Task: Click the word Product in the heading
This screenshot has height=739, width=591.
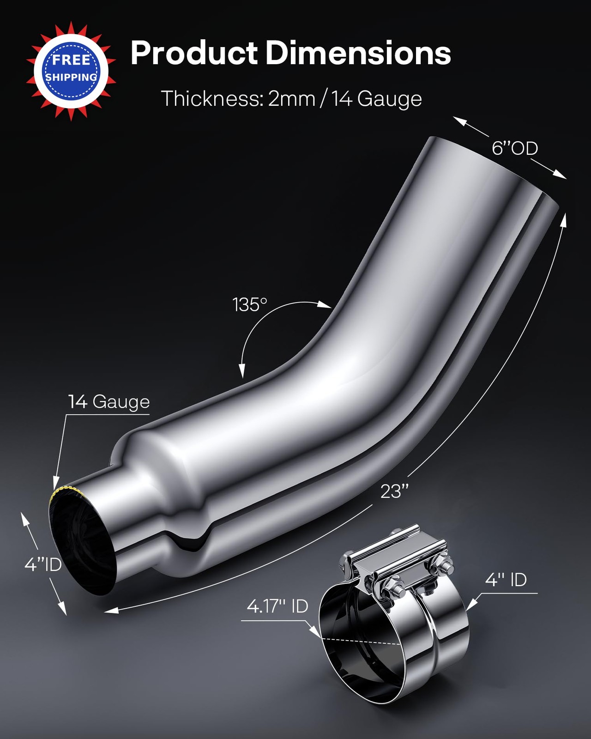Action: [x=194, y=53]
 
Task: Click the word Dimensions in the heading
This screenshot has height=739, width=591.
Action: [x=358, y=53]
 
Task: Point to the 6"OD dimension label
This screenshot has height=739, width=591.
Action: [x=514, y=149]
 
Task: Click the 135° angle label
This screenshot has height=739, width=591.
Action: [x=250, y=305]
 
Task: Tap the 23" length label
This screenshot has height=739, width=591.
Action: [x=394, y=491]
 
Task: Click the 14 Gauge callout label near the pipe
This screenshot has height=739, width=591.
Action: [x=109, y=402]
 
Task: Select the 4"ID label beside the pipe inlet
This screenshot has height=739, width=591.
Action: [x=43, y=564]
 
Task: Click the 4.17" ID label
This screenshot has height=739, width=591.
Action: [x=277, y=606]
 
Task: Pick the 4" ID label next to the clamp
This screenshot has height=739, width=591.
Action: [x=506, y=580]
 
